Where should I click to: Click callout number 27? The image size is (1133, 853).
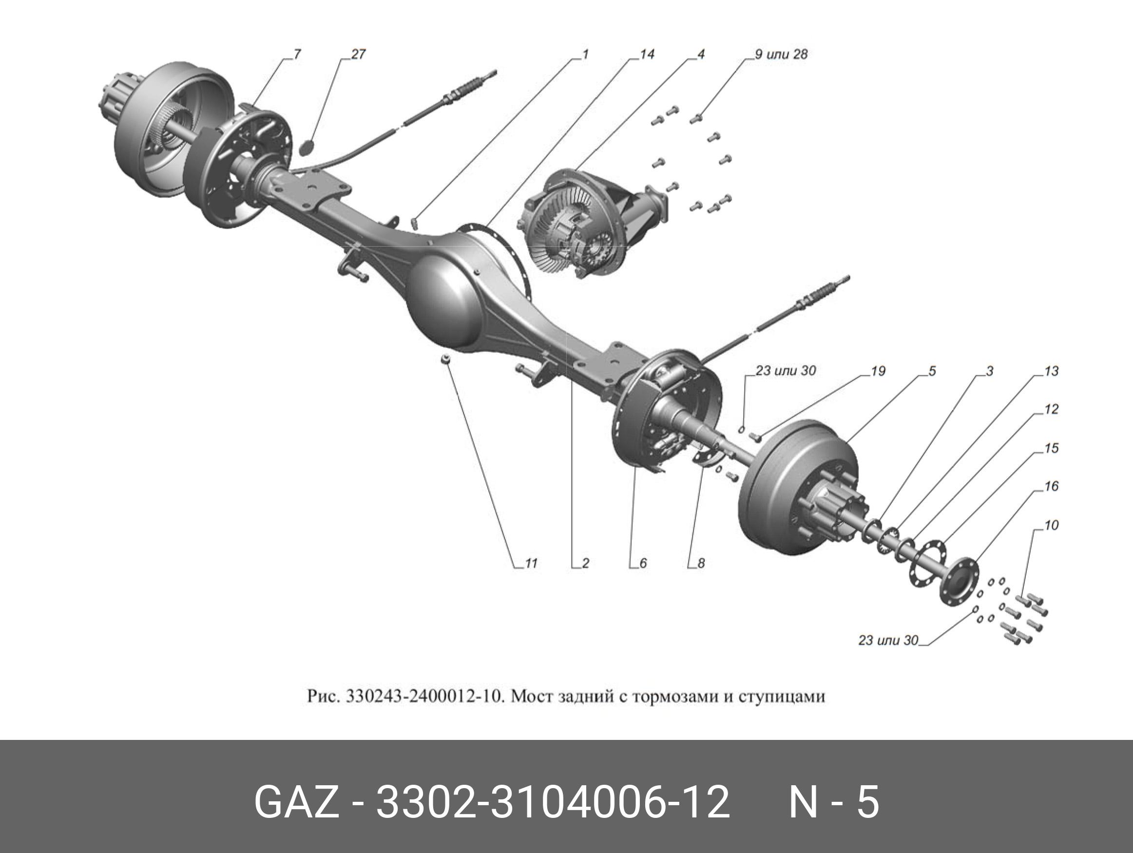point(358,54)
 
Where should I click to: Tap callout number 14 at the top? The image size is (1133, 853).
point(647,54)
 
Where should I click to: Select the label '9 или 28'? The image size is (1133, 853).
point(781,54)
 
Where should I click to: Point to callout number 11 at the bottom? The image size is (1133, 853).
point(531,563)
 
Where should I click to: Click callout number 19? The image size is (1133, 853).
point(878,371)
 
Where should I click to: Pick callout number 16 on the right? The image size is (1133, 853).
point(1051,485)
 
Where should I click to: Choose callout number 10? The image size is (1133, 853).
point(1051,525)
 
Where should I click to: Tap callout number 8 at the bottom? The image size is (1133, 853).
point(701,563)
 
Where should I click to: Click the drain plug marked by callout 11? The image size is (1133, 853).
point(445,359)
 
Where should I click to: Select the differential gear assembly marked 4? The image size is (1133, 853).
point(579,225)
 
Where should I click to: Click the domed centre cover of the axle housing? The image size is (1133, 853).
point(445,302)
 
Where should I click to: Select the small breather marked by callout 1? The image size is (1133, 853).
point(415,222)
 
